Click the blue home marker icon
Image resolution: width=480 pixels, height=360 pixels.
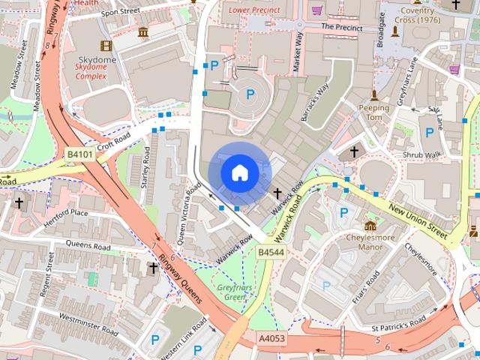[239, 172]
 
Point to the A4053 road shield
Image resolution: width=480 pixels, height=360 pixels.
[271, 340]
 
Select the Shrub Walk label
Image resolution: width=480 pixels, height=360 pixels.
[421, 155]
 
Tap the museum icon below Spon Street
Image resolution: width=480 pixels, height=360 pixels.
[143, 32]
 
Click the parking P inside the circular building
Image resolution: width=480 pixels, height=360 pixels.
[251, 94]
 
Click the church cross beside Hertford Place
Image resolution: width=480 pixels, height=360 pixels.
[19, 202]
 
